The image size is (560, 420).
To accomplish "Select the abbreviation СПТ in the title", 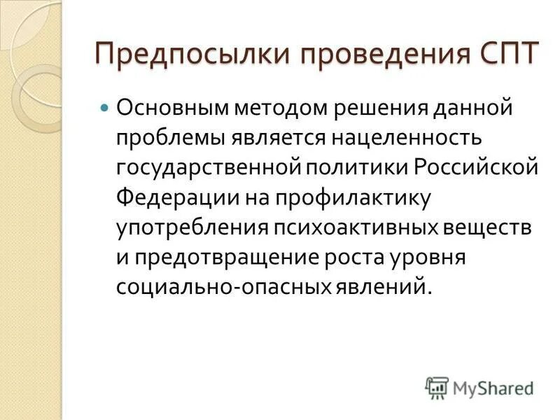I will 503,52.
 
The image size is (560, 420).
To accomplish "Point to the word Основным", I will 171,109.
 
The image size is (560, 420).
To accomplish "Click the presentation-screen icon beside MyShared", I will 437,387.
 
